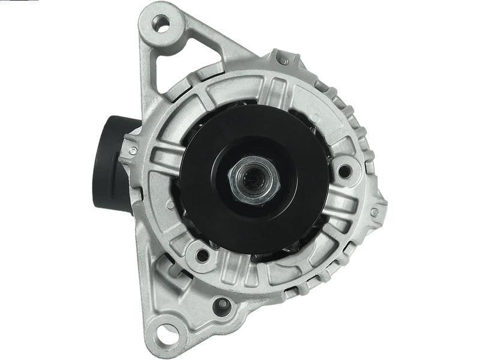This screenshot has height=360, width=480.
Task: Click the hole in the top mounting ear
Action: click(161, 24)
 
